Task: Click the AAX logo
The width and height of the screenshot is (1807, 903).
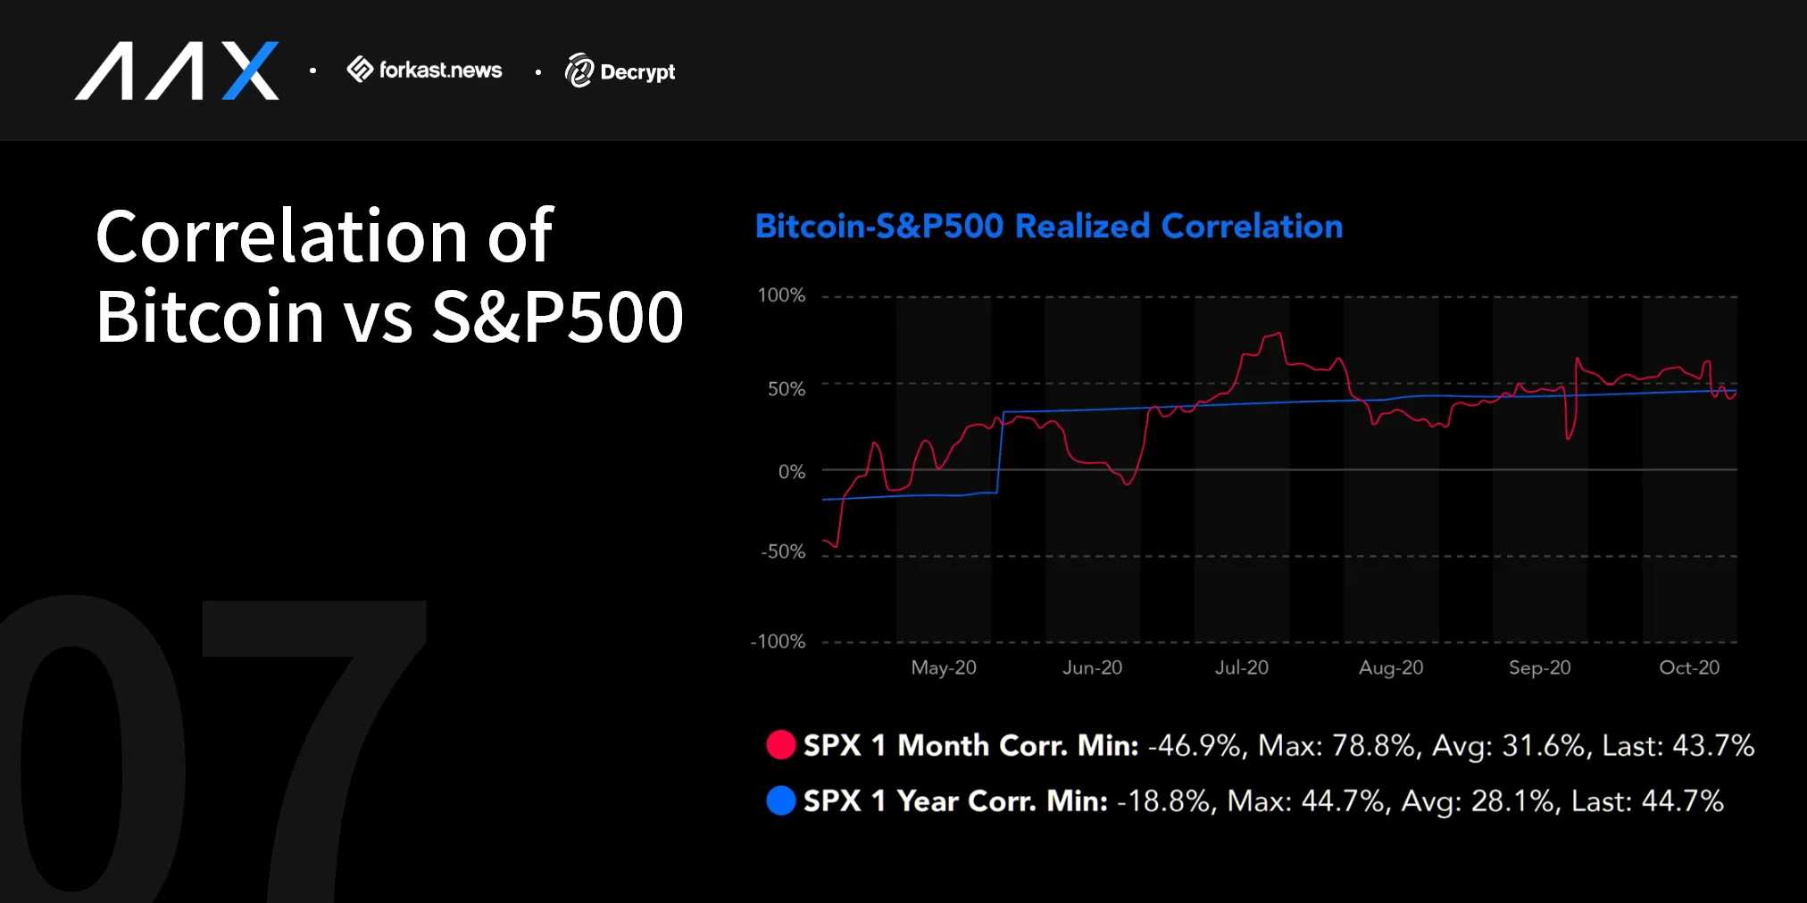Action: pos(177,70)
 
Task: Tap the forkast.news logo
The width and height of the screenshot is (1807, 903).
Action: pos(425,70)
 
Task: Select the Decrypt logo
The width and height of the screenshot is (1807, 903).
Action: pos(620,71)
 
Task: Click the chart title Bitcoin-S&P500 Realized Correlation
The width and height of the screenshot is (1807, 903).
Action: pos(1048,227)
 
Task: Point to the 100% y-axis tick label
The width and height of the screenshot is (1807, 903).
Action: pos(781,295)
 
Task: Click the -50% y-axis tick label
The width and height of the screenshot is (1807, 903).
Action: pos(783,552)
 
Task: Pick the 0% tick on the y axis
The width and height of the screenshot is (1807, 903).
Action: pos(791,471)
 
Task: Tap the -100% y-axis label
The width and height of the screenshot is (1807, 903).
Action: pos(778,642)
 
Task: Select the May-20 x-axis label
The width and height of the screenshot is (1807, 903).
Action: pos(944,667)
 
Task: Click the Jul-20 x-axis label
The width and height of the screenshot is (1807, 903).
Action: pos(1241,667)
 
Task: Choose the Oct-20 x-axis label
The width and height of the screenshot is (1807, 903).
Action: pos(1688,667)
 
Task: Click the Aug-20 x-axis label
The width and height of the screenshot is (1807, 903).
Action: pos(1390,667)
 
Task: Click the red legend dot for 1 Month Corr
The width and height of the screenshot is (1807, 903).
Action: pos(780,745)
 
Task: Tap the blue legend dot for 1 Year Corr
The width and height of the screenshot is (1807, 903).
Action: pos(780,800)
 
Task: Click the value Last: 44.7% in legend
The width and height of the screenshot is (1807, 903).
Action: pos(1646,801)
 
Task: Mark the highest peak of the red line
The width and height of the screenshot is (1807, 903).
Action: pos(1278,334)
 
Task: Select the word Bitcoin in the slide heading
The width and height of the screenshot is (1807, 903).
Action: pos(210,317)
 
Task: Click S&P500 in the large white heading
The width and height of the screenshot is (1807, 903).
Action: pos(557,317)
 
